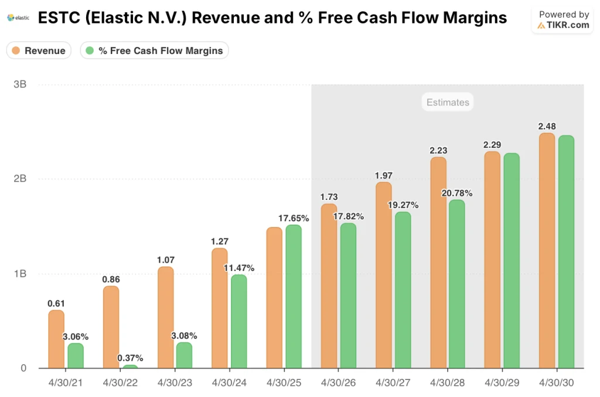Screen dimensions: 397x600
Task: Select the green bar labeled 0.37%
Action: (130, 367)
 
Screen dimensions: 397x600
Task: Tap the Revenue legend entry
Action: (39, 50)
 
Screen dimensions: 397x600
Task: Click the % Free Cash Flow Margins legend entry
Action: (154, 50)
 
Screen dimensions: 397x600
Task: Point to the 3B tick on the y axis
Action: (20, 84)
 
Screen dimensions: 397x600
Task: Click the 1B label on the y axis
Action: (20, 274)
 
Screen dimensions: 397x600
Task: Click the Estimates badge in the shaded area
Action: (448, 102)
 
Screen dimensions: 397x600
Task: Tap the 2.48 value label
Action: (547, 125)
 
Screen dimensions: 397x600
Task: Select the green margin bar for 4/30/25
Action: (294, 297)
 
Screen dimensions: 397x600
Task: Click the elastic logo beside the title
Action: (18, 18)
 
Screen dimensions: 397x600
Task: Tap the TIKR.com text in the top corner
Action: (566, 25)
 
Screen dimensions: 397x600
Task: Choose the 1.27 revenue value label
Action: (220, 240)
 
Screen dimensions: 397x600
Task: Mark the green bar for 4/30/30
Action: (566, 252)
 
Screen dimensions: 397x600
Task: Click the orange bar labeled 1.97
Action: (384, 275)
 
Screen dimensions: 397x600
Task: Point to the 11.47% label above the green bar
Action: (238, 267)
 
